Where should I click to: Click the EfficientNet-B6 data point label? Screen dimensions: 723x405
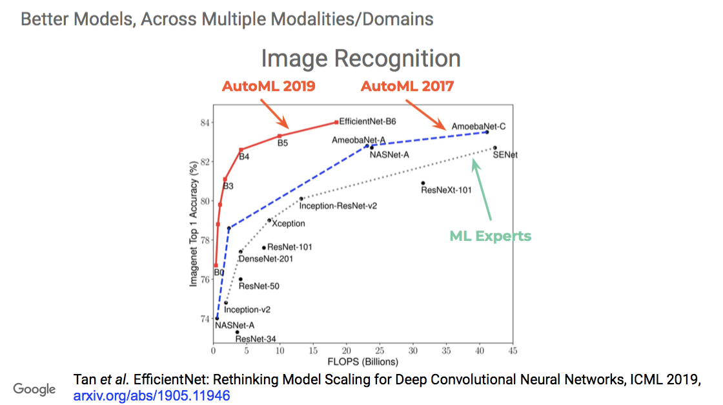pyautogui.click(x=367, y=121)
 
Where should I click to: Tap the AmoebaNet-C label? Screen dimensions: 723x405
pyautogui.click(x=478, y=127)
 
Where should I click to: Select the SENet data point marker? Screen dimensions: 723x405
pyautogui.click(x=494, y=148)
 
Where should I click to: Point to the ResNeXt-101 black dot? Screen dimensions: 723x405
pyautogui.click(x=423, y=183)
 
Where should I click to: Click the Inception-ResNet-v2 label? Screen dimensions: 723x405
pyautogui.click(x=338, y=205)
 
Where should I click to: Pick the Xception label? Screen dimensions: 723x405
pyautogui.click(x=289, y=223)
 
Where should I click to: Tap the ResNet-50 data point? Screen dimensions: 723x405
pyautogui.click(x=241, y=279)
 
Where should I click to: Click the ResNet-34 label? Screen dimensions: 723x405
pyautogui.click(x=256, y=339)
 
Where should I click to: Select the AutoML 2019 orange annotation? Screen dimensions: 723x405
pyautogui.click(x=269, y=87)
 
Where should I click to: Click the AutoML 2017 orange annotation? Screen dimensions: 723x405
pyautogui.click(x=407, y=87)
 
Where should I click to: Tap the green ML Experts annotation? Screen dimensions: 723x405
pyautogui.click(x=490, y=236)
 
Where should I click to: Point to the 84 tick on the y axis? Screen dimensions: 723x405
pyautogui.click(x=205, y=123)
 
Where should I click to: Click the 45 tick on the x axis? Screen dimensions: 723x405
pyautogui.click(x=513, y=351)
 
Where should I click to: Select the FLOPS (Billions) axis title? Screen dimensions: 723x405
pyautogui.click(x=363, y=362)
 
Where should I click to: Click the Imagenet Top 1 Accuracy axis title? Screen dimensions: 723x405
pyautogui.click(x=193, y=223)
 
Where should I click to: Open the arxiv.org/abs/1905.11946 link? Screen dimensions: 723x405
pyautogui.click(x=152, y=395)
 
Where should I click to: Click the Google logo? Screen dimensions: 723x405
pyautogui.click(x=34, y=389)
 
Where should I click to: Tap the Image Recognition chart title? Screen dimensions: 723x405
pyautogui.click(x=361, y=59)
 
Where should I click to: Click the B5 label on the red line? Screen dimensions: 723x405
pyautogui.click(x=283, y=143)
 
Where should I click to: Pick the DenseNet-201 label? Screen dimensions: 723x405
pyautogui.click(x=265, y=259)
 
